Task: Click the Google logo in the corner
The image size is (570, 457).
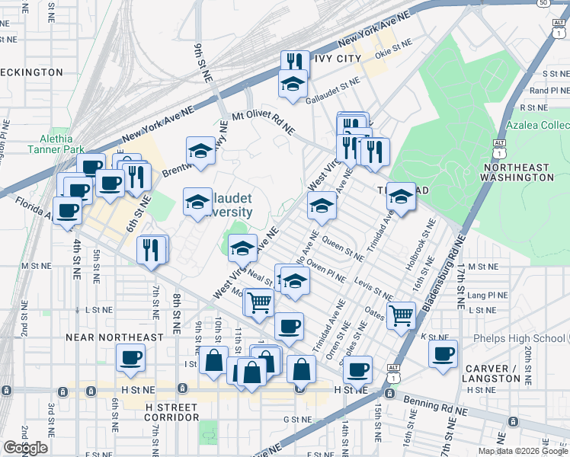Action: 25,448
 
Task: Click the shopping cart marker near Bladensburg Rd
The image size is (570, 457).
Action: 401,314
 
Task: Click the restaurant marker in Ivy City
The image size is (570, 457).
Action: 293,62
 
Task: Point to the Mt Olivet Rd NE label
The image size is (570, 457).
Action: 263,123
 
